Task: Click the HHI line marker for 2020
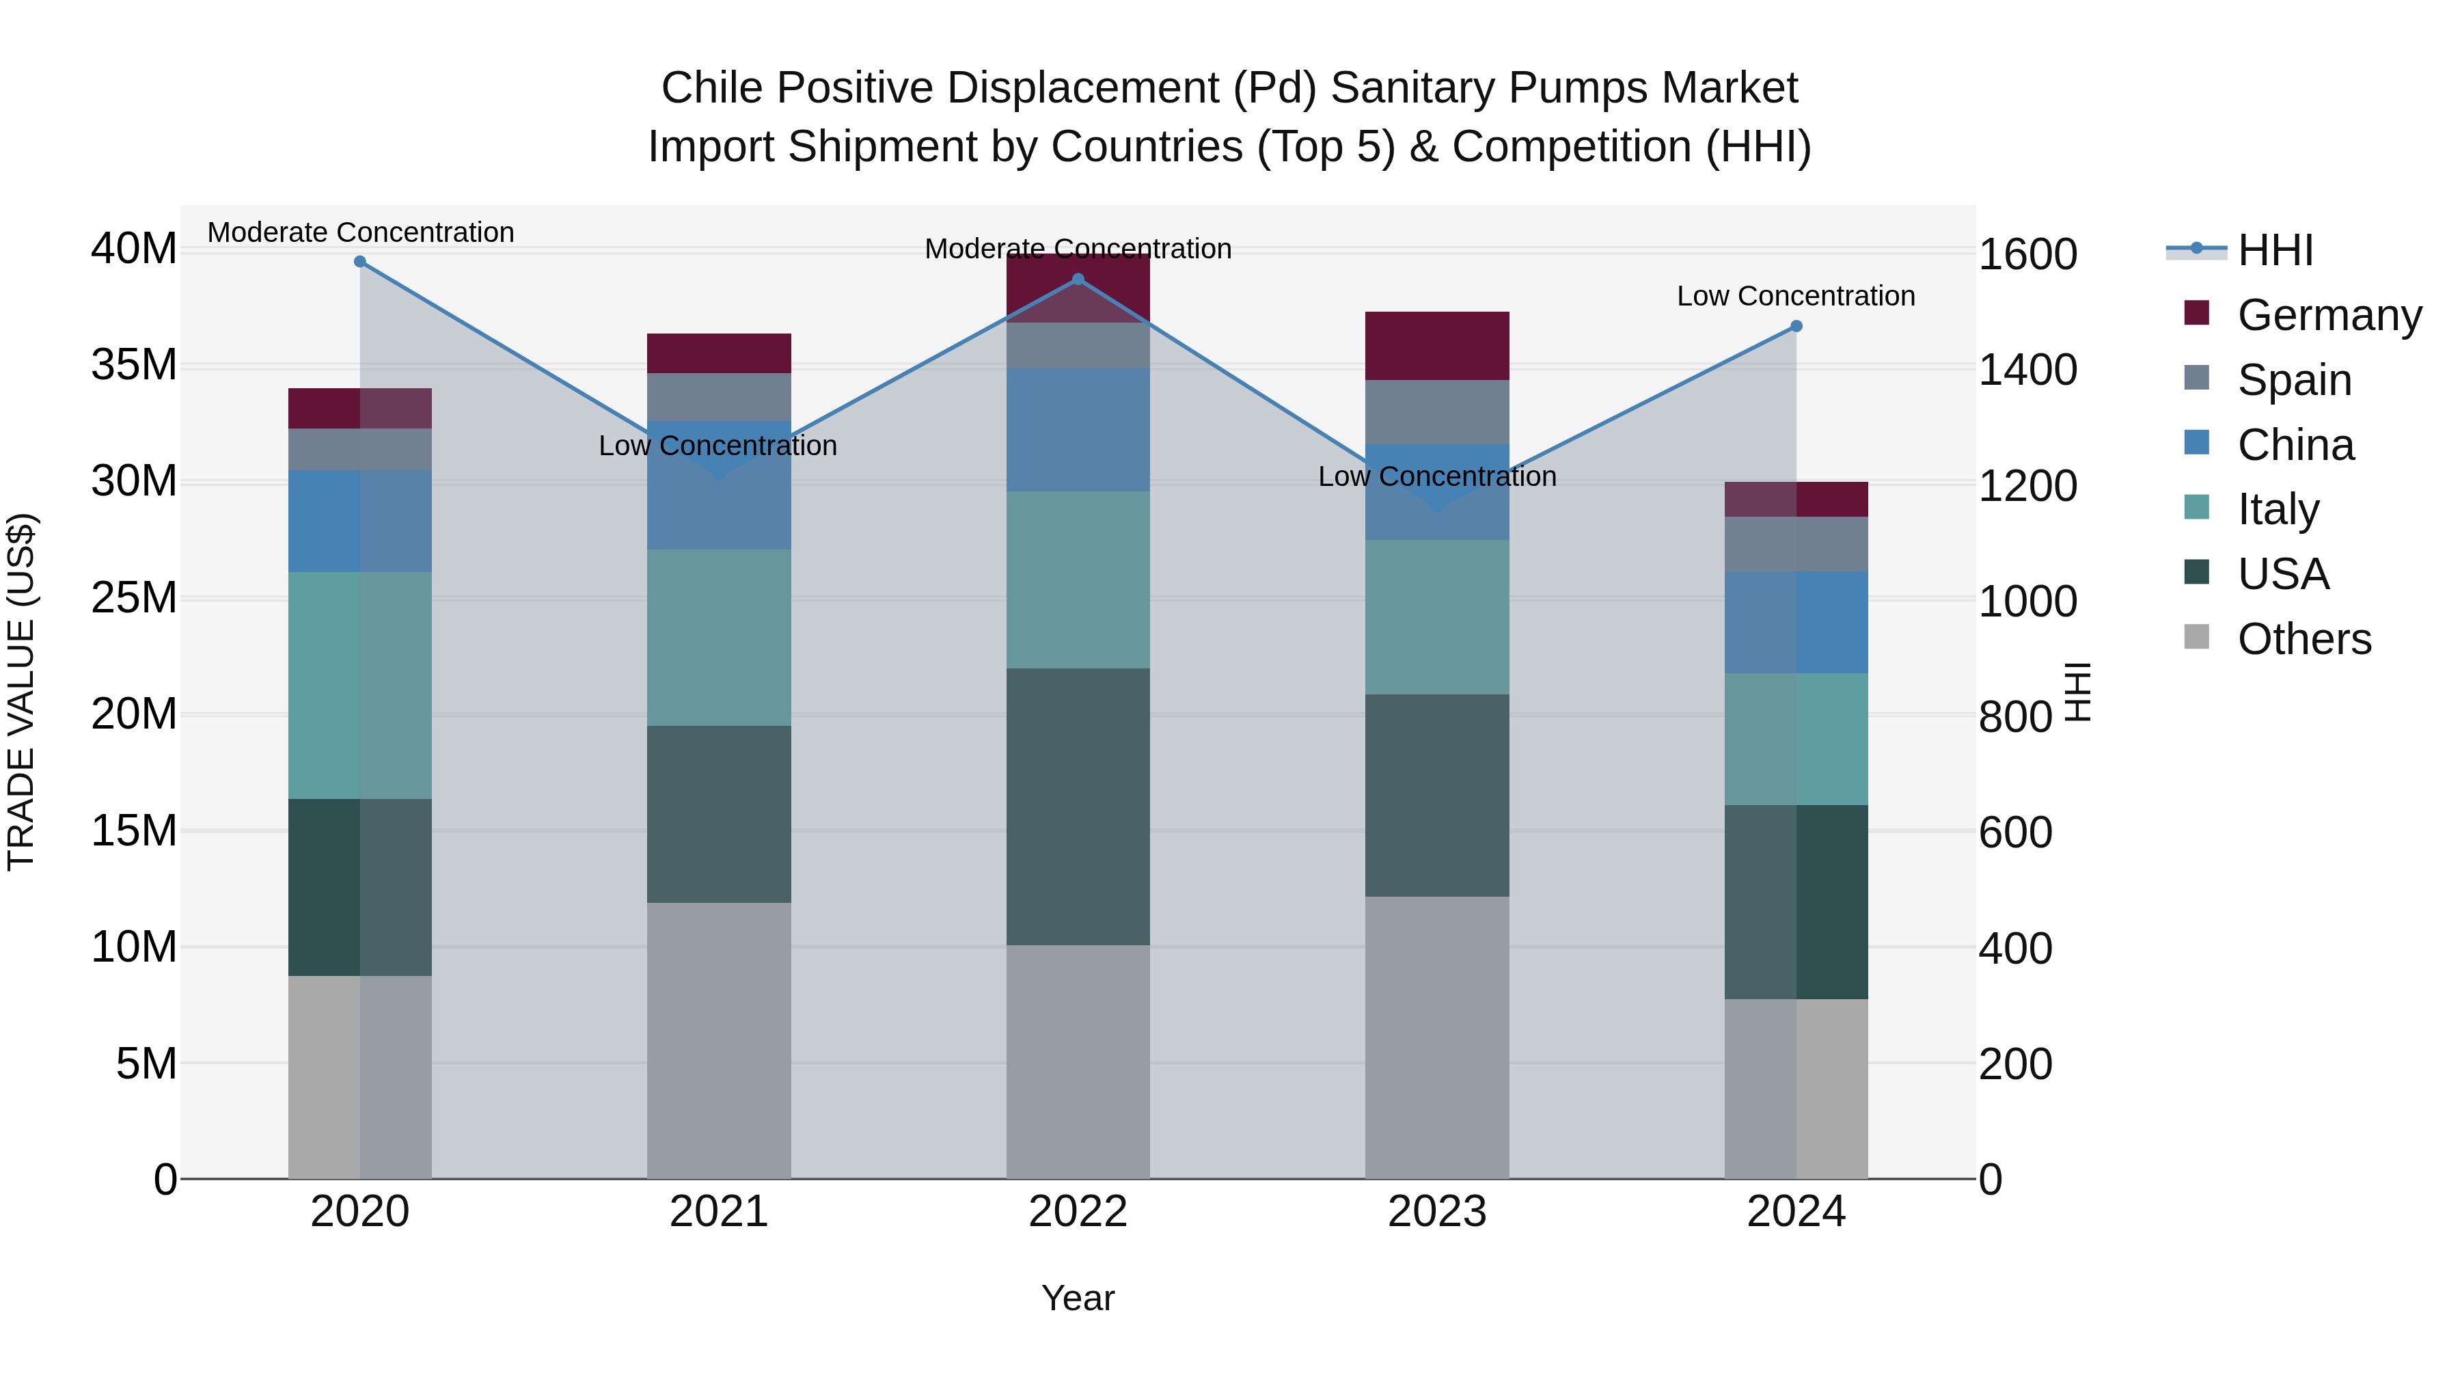360,262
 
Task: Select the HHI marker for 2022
1078,280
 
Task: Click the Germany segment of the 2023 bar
1436,346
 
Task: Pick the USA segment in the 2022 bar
1078,806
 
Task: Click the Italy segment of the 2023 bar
1436,617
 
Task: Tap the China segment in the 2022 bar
1078,430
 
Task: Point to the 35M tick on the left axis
134,365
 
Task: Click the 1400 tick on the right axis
2027,370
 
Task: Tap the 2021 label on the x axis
719,1212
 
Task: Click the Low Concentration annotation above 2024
1795,296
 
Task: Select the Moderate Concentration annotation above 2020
360,232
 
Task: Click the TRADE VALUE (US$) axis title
21,692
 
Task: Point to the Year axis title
1078,1298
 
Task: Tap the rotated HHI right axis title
2078,692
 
